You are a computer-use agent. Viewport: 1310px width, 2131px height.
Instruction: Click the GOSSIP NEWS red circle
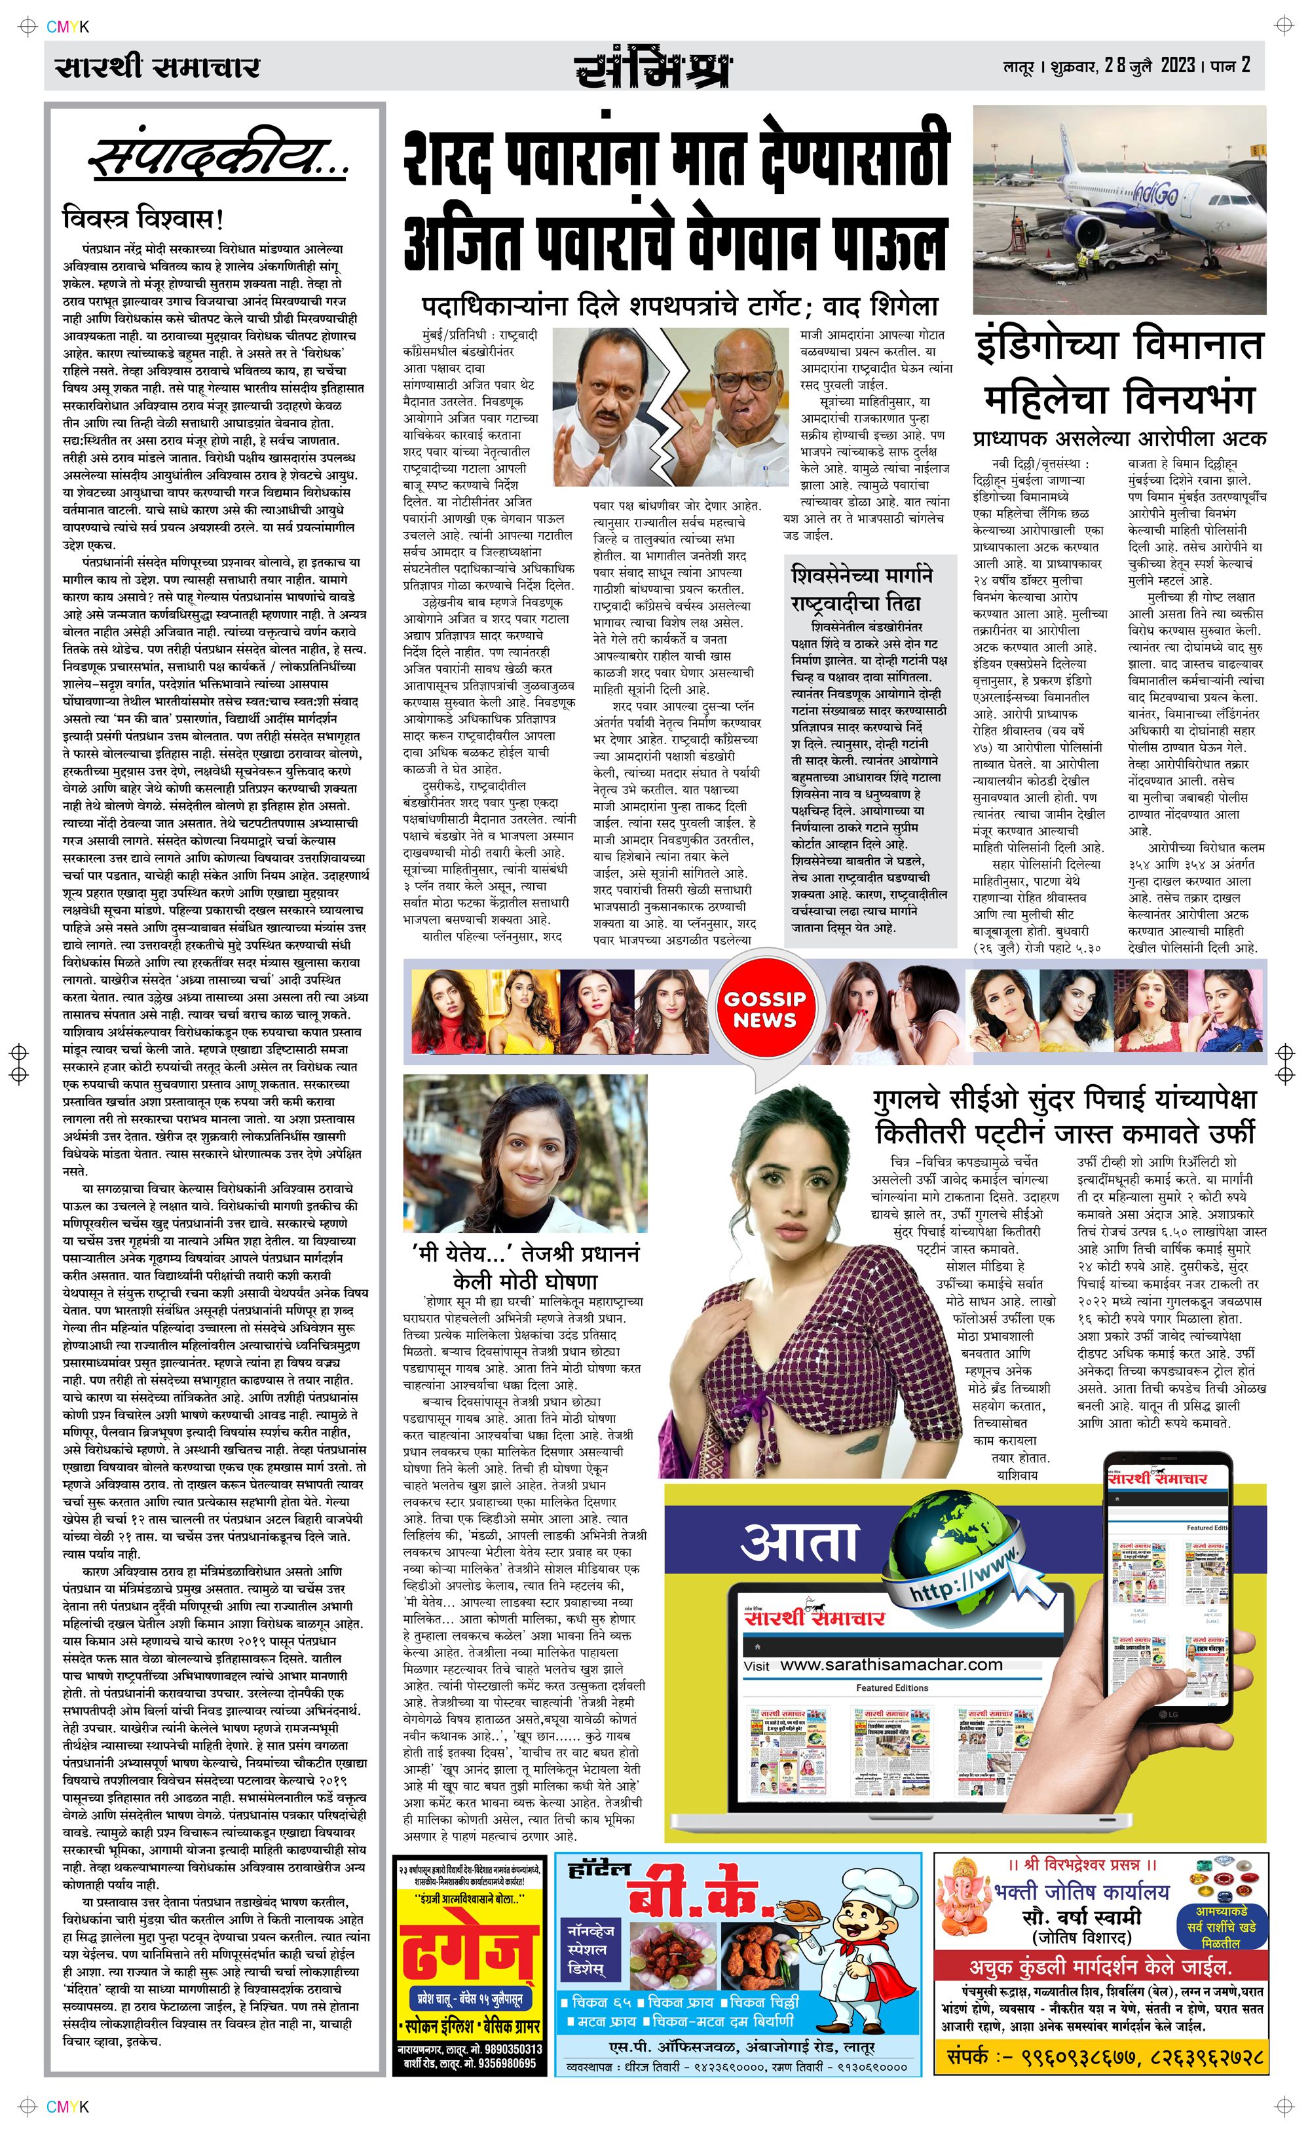pyautogui.click(x=764, y=1010)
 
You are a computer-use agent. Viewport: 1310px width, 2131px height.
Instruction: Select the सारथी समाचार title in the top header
pyautogui.click(x=157, y=67)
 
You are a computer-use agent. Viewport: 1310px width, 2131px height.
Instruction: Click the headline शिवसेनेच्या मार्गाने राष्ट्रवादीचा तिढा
pyautogui.click(x=861, y=589)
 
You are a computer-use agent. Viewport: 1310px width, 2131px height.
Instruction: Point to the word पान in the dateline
pyautogui.click(x=1224, y=66)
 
